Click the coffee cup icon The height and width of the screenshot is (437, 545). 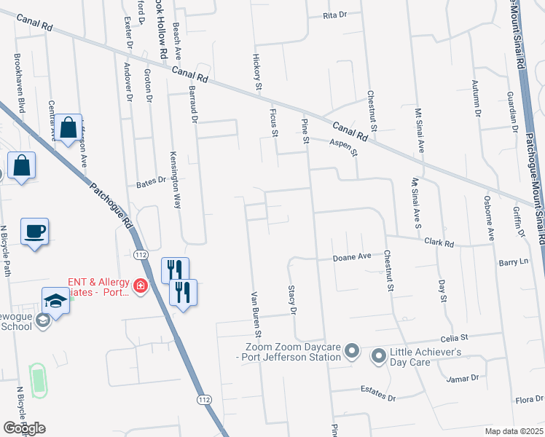[34, 232]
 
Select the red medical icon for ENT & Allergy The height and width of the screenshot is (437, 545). [139, 287]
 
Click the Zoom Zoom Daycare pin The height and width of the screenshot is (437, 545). [352, 352]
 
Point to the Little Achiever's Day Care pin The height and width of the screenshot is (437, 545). [378, 356]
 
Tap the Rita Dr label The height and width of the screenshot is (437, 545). [334, 15]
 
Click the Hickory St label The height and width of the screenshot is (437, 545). [257, 71]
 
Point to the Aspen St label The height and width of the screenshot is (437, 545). [344, 148]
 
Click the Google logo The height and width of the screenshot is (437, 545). [24, 428]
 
